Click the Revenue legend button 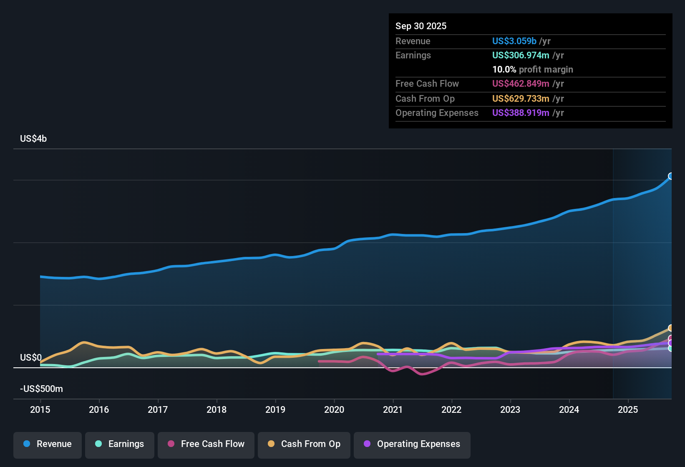pyautogui.click(x=48, y=444)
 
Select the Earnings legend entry pyautogui.click(x=120, y=444)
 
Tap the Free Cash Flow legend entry pyautogui.click(x=206, y=444)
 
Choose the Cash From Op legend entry pyautogui.click(x=304, y=444)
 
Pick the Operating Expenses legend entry pyautogui.click(x=412, y=444)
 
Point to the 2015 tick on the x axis pyautogui.click(x=40, y=409)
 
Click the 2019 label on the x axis pyautogui.click(x=275, y=409)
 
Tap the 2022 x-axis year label pyautogui.click(x=451, y=409)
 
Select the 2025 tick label pyautogui.click(x=628, y=409)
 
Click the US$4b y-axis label pyautogui.click(x=33, y=139)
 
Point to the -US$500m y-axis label pyautogui.click(x=41, y=389)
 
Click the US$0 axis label pyautogui.click(x=31, y=358)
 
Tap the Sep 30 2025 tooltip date pyautogui.click(x=421, y=26)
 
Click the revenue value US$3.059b pyautogui.click(x=514, y=41)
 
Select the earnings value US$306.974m pyautogui.click(x=520, y=55)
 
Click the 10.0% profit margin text pyautogui.click(x=532, y=70)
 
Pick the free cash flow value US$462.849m pyautogui.click(x=520, y=84)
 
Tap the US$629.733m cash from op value pyautogui.click(x=520, y=99)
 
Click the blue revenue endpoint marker pyautogui.click(x=671, y=176)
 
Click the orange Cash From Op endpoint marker pyautogui.click(x=671, y=328)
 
